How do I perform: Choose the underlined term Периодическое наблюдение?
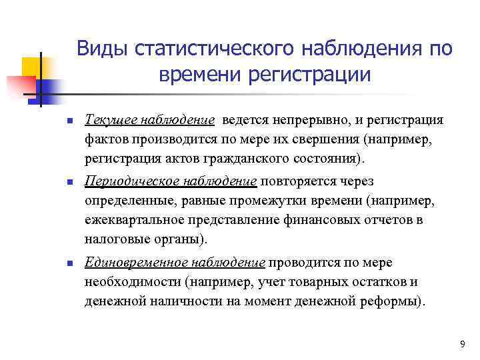pos(171,181)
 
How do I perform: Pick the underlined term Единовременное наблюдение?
pos(175,261)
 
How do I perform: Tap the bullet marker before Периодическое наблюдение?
pos(41,182)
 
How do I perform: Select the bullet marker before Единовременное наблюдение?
pos(41,263)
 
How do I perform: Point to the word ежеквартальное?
pos(130,221)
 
